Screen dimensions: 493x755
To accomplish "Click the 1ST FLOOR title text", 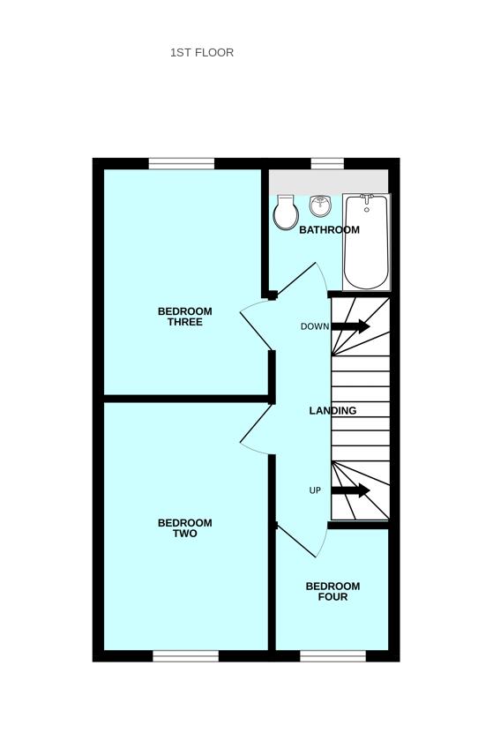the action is pos(202,53).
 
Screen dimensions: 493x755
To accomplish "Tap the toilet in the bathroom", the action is pos(286,213).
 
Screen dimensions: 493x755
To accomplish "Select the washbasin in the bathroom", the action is pos(320,206).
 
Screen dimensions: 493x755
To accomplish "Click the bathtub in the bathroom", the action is pos(366,243).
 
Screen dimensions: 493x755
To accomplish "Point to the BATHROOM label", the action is pos(329,229).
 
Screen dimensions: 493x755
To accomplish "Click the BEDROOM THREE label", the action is pos(185,317).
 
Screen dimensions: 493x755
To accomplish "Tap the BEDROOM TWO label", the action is pos(185,527).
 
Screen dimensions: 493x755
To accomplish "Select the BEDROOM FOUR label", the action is pos(332,591).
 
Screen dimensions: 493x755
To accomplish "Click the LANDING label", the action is pos(332,411).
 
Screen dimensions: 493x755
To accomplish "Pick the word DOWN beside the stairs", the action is pos(315,326).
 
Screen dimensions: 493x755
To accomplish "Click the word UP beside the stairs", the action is pos(315,490).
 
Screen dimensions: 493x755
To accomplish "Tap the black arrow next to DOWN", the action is pos(351,326).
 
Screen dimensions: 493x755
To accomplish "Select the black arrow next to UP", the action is pos(351,490).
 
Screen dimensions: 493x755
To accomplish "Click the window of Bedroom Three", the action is pos(182,164).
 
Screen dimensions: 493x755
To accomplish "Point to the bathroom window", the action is pos(327,164).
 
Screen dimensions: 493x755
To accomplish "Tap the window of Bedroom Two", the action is pos(186,656).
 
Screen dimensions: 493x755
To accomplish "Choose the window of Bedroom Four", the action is pos(333,656).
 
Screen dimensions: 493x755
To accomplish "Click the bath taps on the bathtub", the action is pos(367,198).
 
